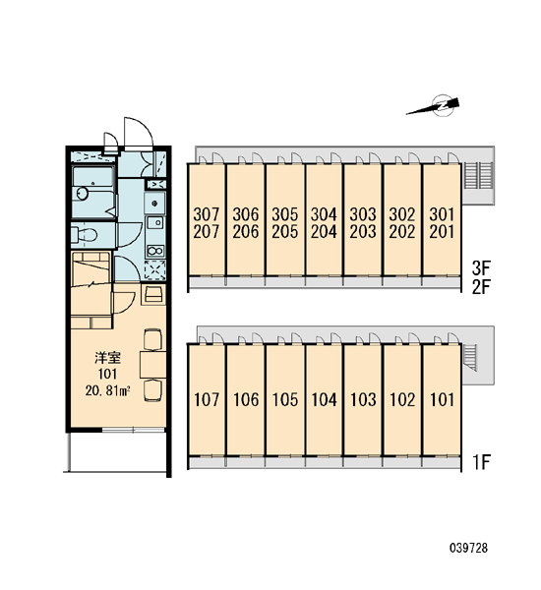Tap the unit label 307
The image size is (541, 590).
(206, 214)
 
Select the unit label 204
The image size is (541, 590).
(324, 232)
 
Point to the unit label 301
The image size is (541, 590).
(442, 214)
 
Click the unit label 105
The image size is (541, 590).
(284, 399)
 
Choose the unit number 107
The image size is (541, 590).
(207, 399)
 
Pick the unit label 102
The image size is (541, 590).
(402, 399)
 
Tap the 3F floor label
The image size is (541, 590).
(481, 268)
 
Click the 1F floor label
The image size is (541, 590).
(482, 462)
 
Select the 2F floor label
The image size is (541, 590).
(481, 287)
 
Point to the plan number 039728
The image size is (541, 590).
(468, 548)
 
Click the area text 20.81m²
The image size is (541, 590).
(107, 391)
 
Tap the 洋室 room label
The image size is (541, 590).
(107, 358)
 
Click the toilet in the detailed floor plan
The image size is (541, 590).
(84, 235)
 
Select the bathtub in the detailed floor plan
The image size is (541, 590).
(93, 193)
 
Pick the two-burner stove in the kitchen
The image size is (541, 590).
(155, 250)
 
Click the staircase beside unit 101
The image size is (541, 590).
(470, 358)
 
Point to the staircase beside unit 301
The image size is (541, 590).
(478, 176)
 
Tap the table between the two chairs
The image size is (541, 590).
(152, 365)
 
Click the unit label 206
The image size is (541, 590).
(246, 232)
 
